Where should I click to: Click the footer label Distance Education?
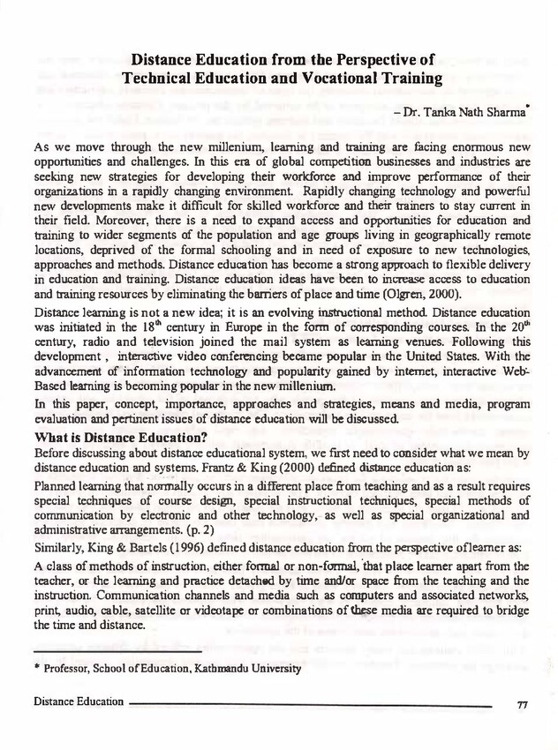pyautogui.click(x=79, y=701)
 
